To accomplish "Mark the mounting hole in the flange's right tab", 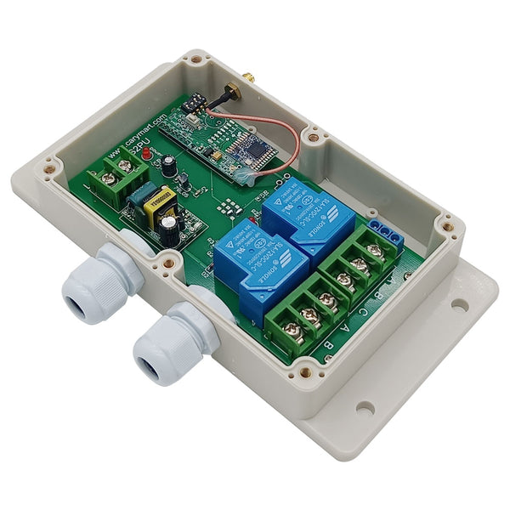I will (x=460, y=303).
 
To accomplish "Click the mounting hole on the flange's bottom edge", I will (x=365, y=408).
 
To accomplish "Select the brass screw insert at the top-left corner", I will (x=197, y=61).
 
